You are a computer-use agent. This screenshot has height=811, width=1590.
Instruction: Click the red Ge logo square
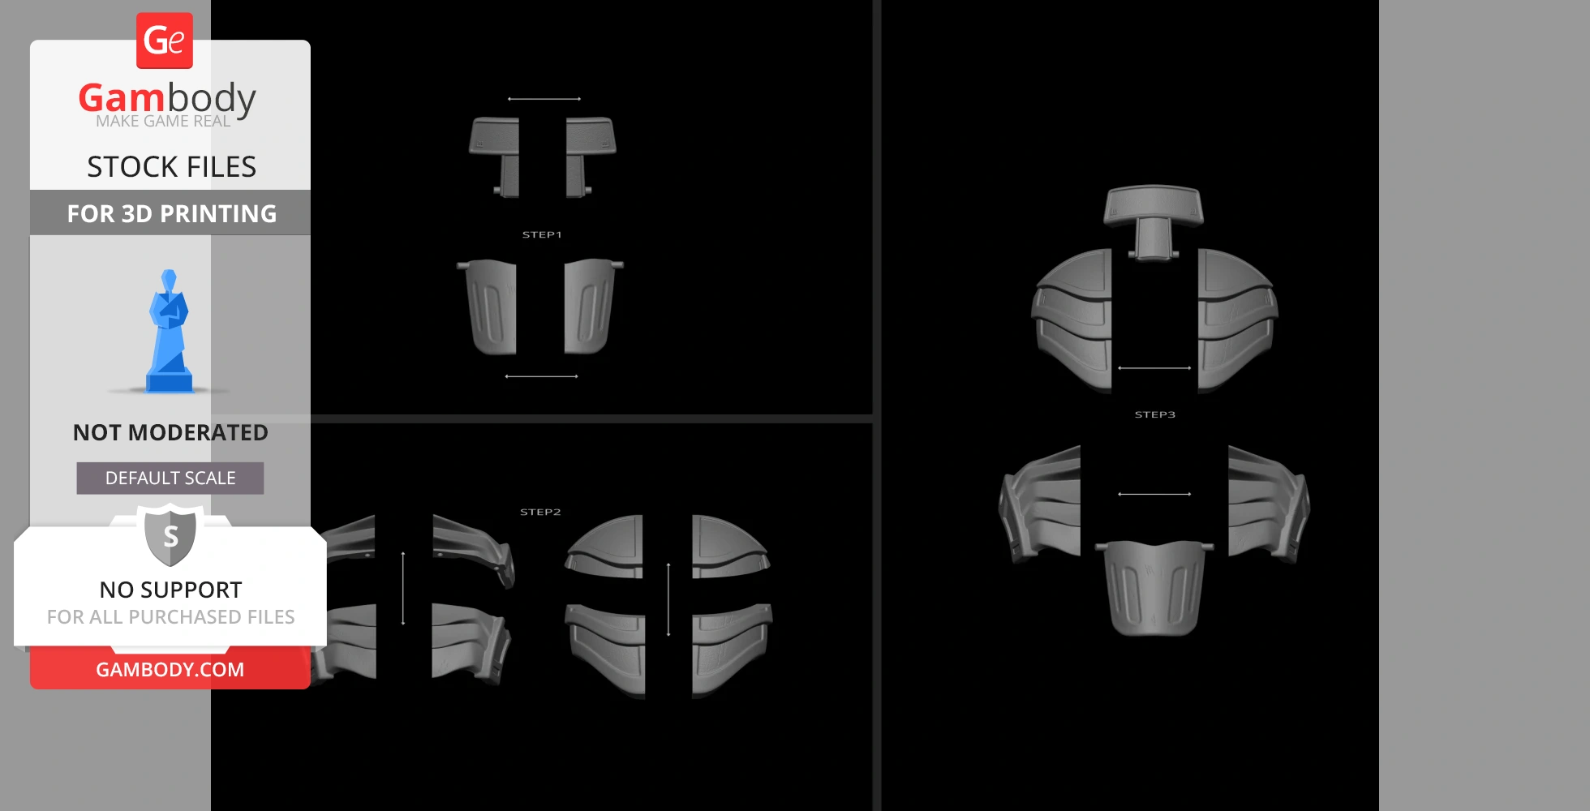pyautogui.click(x=165, y=41)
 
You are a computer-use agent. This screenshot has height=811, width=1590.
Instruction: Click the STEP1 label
pyautogui.click(x=542, y=234)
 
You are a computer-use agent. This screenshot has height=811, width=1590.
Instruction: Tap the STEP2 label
pyautogui.click(x=540, y=512)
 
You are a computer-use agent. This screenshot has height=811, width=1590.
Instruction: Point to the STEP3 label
pyautogui.click(x=1154, y=414)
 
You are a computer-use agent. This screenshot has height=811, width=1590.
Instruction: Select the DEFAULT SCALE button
pyautogui.click(x=170, y=478)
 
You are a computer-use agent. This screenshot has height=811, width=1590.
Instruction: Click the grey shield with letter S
pyautogui.click(x=170, y=534)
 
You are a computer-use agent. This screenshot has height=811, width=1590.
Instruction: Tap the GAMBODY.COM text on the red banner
pyautogui.click(x=170, y=670)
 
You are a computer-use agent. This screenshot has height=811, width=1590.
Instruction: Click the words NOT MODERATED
pyautogui.click(x=170, y=432)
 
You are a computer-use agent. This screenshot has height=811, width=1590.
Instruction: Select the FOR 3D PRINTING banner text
pyautogui.click(x=172, y=213)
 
